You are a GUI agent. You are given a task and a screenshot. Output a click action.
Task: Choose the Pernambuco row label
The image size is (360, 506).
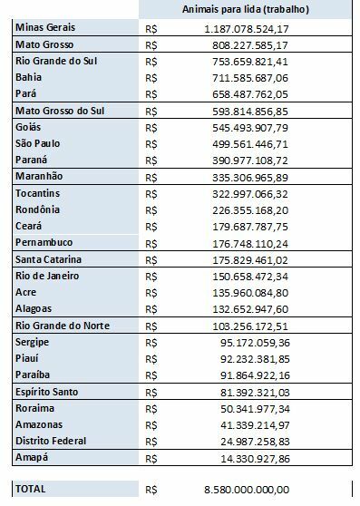pyautogui.click(x=45, y=242)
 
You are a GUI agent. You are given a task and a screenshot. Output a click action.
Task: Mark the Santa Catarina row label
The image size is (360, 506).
pyautogui.click(x=51, y=259)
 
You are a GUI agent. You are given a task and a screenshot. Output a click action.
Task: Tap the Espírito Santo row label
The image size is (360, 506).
pyautogui.click(x=50, y=392)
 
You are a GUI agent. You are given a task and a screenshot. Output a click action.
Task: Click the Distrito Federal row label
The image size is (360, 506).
pyautogui.click(x=51, y=441)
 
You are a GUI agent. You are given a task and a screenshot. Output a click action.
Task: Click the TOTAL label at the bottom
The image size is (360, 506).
pyautogui.click(x=34, y=489)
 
